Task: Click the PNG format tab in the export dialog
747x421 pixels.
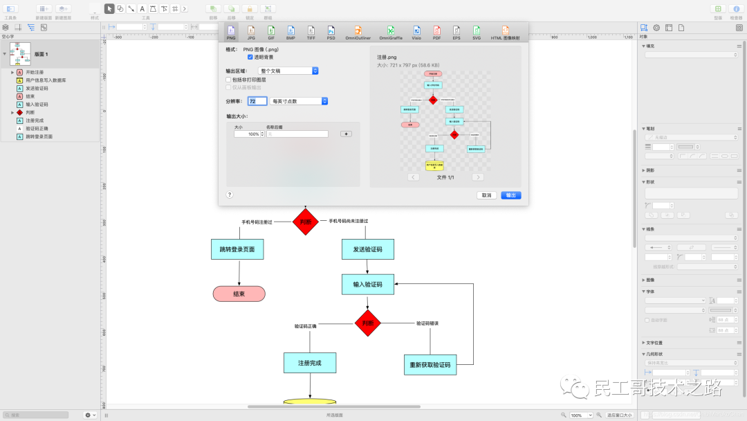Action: [x=232, y=32]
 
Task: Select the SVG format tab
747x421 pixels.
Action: [x=477, y=32]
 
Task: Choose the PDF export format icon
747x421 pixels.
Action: [x=436, y=32]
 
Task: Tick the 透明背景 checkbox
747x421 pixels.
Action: [x=250, y=57]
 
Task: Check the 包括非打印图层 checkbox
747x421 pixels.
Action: [x=229, y=80]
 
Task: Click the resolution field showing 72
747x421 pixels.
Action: [x=257, y=101]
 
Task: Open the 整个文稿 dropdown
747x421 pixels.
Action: [x=288, y=71]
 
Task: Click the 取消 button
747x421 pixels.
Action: [x=486, y=195]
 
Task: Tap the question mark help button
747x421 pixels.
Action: [x=230, y=195]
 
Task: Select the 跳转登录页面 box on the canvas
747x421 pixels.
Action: [x=237, y=249]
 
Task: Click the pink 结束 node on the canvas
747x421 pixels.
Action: [x=239, y=294]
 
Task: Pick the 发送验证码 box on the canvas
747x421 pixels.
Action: [x=367, y=249]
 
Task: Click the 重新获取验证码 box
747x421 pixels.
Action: [x=430, y=365]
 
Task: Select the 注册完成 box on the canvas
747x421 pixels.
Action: [x=310, y=363]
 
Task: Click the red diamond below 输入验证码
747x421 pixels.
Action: [x=368, y=323]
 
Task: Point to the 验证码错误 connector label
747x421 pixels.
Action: [x=427, y=323]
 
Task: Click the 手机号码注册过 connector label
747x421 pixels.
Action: [x=257, y=222]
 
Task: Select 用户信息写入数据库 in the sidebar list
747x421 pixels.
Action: [x=46, y=80]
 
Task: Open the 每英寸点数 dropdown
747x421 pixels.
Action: [x=299, y=101]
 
